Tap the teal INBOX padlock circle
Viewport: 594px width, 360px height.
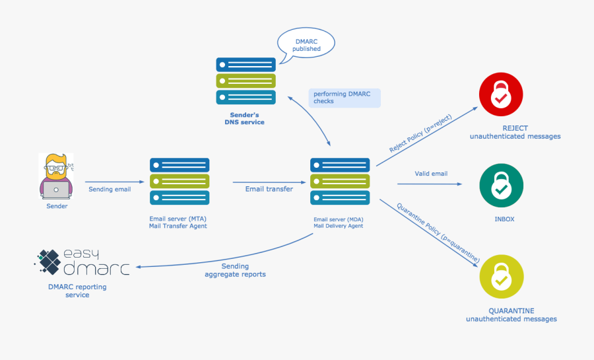[501, 186]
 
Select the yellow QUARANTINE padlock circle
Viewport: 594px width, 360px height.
[501, 278]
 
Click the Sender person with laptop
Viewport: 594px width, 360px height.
[57, 176]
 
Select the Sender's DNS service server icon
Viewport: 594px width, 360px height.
[246, 81]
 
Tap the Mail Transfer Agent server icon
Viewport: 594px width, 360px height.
[180, 181]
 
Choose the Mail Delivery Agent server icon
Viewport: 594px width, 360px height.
[340, 181]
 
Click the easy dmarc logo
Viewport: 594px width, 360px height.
[82, 262]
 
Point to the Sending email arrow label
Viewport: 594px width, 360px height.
[110, 190]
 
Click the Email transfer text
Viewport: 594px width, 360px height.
[269, 189]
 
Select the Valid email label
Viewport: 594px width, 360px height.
[431, 174]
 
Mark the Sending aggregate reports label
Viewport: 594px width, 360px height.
[235, 270]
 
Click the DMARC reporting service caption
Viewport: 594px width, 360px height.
[77, 291]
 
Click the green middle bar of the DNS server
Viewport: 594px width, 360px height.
[246, 81]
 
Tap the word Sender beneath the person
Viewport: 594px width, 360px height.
[57, 206]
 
